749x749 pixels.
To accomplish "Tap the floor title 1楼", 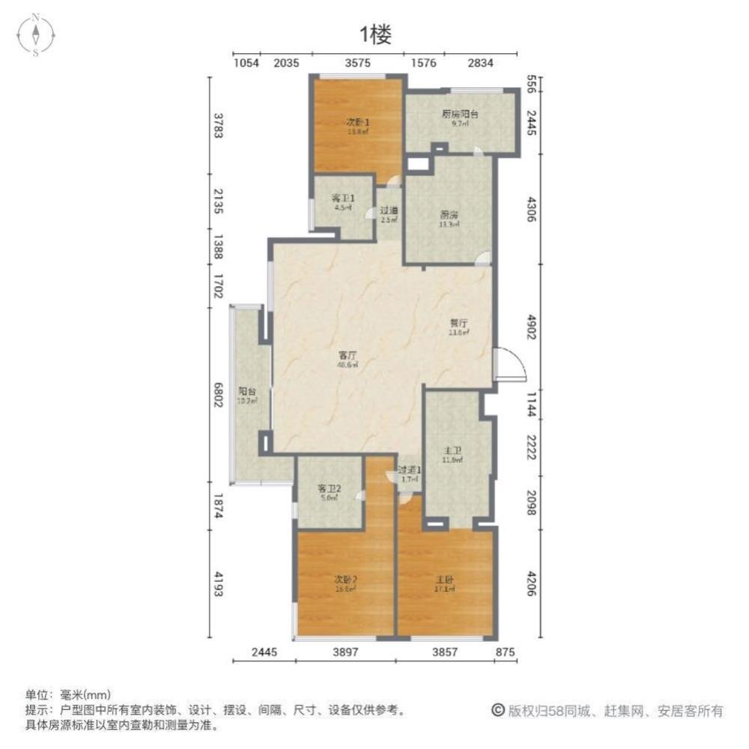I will [x=374, y=34].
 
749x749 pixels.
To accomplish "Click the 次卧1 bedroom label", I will [x=357, y=123].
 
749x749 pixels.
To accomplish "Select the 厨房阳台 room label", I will [x=460, y=115].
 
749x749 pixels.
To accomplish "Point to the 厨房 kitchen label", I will [x=449, y=214].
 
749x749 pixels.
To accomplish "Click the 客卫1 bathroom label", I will [x=342, y=198].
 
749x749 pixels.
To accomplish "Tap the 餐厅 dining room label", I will [x=458, y=324].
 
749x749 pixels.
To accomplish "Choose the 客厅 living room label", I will [x=346, y=357].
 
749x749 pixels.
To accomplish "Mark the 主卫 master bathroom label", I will [x=452, y=452].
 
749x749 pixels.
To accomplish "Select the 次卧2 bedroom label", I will [x=345, y=579].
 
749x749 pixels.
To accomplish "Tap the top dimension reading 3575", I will [x=358, y=64].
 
